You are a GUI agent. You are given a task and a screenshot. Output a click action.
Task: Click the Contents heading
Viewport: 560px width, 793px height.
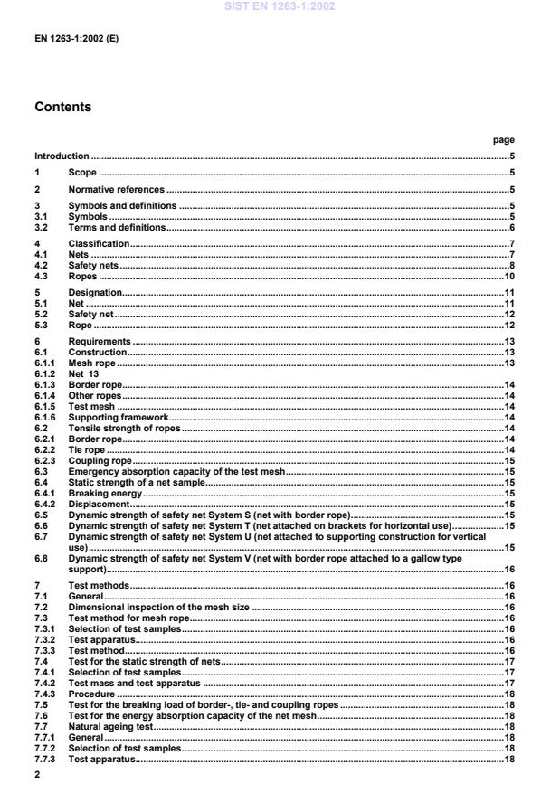click(62, 107)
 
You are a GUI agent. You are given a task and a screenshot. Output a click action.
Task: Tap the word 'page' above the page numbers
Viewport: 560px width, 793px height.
click(503, 140)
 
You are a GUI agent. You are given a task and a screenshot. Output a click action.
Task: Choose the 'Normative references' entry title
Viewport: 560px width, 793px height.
click(117, 190)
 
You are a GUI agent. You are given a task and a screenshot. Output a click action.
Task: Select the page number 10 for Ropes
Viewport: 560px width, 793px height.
click(509, 278)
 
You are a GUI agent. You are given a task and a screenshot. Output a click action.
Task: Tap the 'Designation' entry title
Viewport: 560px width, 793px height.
click(95, 295)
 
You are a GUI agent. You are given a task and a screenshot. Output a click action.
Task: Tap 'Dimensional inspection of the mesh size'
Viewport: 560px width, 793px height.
click(159, 597)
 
